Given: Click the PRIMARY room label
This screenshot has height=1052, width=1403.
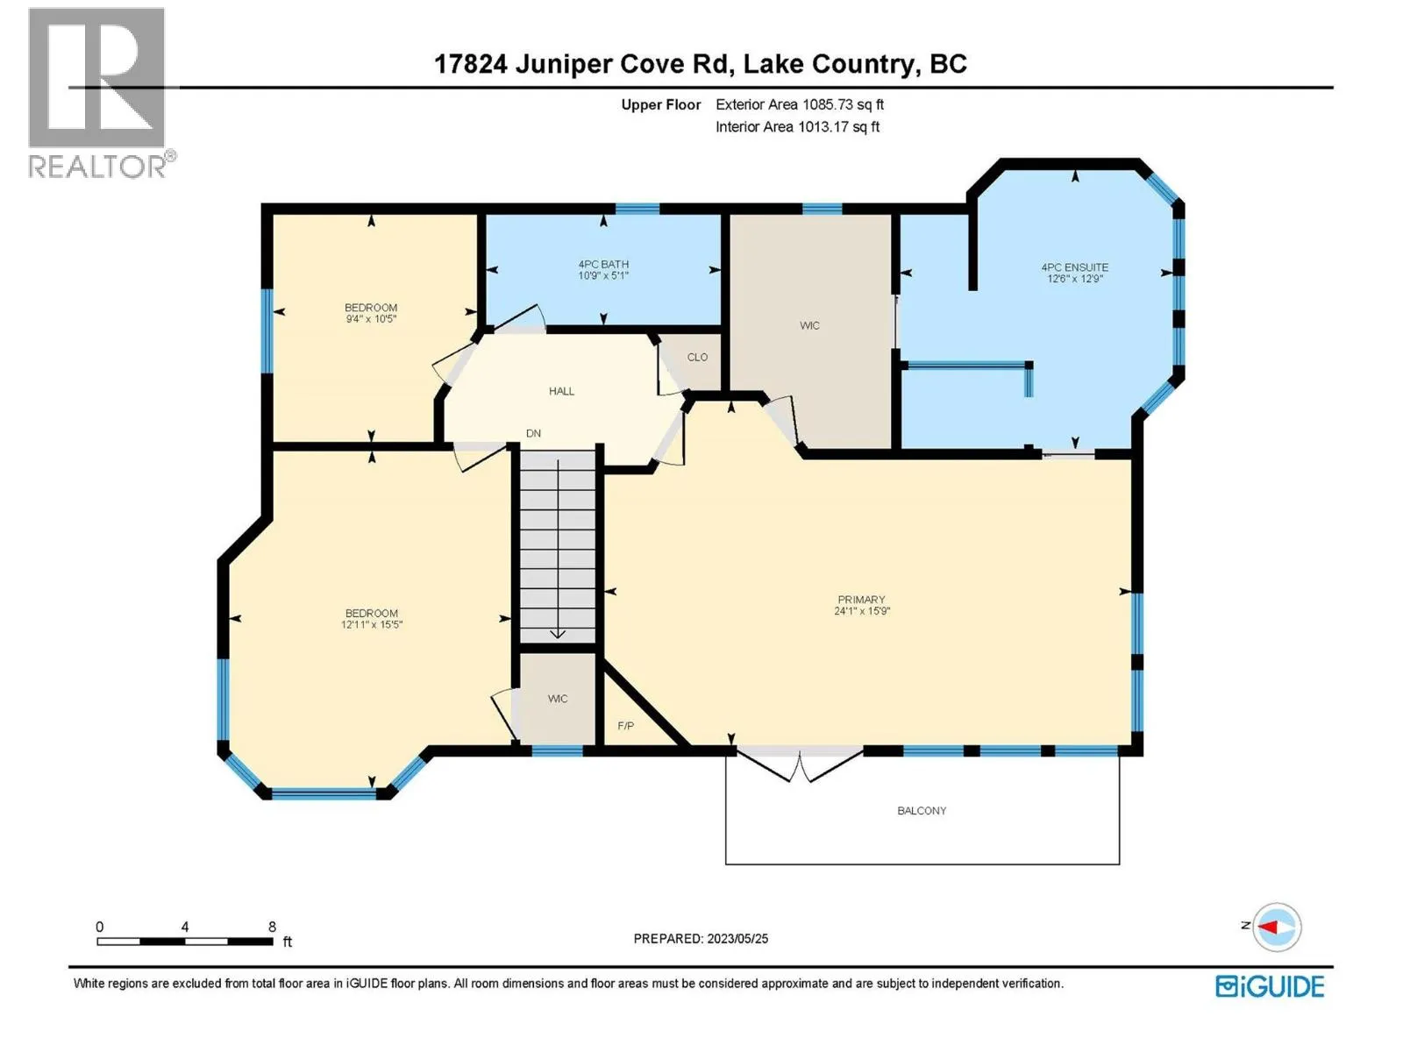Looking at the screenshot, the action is (x=861, y=599).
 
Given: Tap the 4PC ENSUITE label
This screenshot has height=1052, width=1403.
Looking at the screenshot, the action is (x=1074, y=267).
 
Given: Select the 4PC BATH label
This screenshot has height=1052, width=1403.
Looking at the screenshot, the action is (x=603, y=264).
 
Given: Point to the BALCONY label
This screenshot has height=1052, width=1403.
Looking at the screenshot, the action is (x=921, y=811).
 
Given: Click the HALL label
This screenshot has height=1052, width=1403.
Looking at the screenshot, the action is (x=561, y=391).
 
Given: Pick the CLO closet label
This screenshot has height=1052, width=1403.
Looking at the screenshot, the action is (x=697, y=357).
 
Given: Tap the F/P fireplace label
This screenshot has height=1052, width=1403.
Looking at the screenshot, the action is (x=626, y=726).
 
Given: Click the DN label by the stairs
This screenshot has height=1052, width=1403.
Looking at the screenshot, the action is (x=533, y=433).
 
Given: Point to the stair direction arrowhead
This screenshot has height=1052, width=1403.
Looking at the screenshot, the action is (x=558, y=634).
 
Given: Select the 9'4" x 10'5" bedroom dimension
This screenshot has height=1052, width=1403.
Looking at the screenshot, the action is (x=371, y=319).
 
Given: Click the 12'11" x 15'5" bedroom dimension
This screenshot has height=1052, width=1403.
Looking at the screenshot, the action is (x=372, y=624).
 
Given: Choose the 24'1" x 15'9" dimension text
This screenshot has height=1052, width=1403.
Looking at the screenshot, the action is (x=862, y=611).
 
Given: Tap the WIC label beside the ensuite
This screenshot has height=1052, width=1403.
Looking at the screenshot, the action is (x=809, y=326).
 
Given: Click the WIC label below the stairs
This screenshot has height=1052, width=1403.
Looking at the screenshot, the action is (x=558, y=699).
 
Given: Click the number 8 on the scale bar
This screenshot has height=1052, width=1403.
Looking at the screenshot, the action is (x=273, y=926).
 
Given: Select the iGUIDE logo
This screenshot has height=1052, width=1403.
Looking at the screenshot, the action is (x=1270, y=986).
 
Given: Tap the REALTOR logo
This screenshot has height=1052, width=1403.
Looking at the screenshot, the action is (x=102, y=93).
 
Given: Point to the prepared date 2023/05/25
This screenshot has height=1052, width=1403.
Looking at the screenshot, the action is (x=737, y=939).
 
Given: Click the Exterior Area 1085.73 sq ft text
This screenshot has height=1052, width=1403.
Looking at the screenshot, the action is (x=800, y=104).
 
